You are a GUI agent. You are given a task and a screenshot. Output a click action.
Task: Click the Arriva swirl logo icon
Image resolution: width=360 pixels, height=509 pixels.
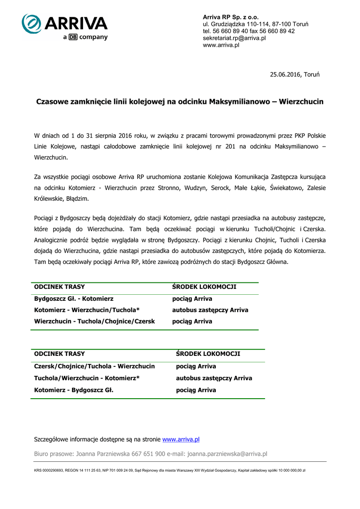tap(31, 24)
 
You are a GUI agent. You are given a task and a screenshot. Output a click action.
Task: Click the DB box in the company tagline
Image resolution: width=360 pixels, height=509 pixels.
tap(72, 37)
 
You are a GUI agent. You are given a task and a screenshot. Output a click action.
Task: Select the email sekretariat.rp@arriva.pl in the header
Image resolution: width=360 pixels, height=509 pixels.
tap(234, 38)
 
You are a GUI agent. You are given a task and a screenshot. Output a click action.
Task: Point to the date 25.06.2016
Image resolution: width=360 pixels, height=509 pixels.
tap(285, 75)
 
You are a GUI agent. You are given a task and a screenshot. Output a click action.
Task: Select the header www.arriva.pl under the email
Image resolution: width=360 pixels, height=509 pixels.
tap(221, 45)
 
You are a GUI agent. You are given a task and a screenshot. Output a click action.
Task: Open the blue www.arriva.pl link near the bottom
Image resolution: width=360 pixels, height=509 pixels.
tap(181, 439)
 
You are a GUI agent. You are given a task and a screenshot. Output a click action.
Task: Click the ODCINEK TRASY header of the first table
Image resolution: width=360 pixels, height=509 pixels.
tap(59, 287)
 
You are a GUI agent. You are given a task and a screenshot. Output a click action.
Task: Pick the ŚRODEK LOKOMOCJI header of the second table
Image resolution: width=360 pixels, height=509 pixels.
tap(208, 353)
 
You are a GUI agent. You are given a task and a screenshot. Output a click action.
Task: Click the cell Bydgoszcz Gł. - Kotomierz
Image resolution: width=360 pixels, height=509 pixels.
tap(74, 299)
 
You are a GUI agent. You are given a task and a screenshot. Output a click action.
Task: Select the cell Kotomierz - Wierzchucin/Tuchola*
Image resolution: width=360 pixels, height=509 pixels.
tap(87, 310)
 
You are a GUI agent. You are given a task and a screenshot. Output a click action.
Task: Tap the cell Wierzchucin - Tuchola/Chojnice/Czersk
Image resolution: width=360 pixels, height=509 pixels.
tap(94, 322)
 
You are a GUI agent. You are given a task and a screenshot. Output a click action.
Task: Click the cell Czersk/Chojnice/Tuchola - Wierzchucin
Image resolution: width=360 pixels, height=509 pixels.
tap(94, 366)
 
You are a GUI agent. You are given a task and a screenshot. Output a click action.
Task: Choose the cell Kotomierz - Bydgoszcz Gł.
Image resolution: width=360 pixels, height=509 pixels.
tap(74, 390)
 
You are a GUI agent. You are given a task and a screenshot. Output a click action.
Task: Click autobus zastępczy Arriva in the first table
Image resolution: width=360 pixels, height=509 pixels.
tap(210, 310)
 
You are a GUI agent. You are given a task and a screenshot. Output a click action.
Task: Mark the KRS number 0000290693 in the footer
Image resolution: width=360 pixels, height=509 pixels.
tap(48, 470)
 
